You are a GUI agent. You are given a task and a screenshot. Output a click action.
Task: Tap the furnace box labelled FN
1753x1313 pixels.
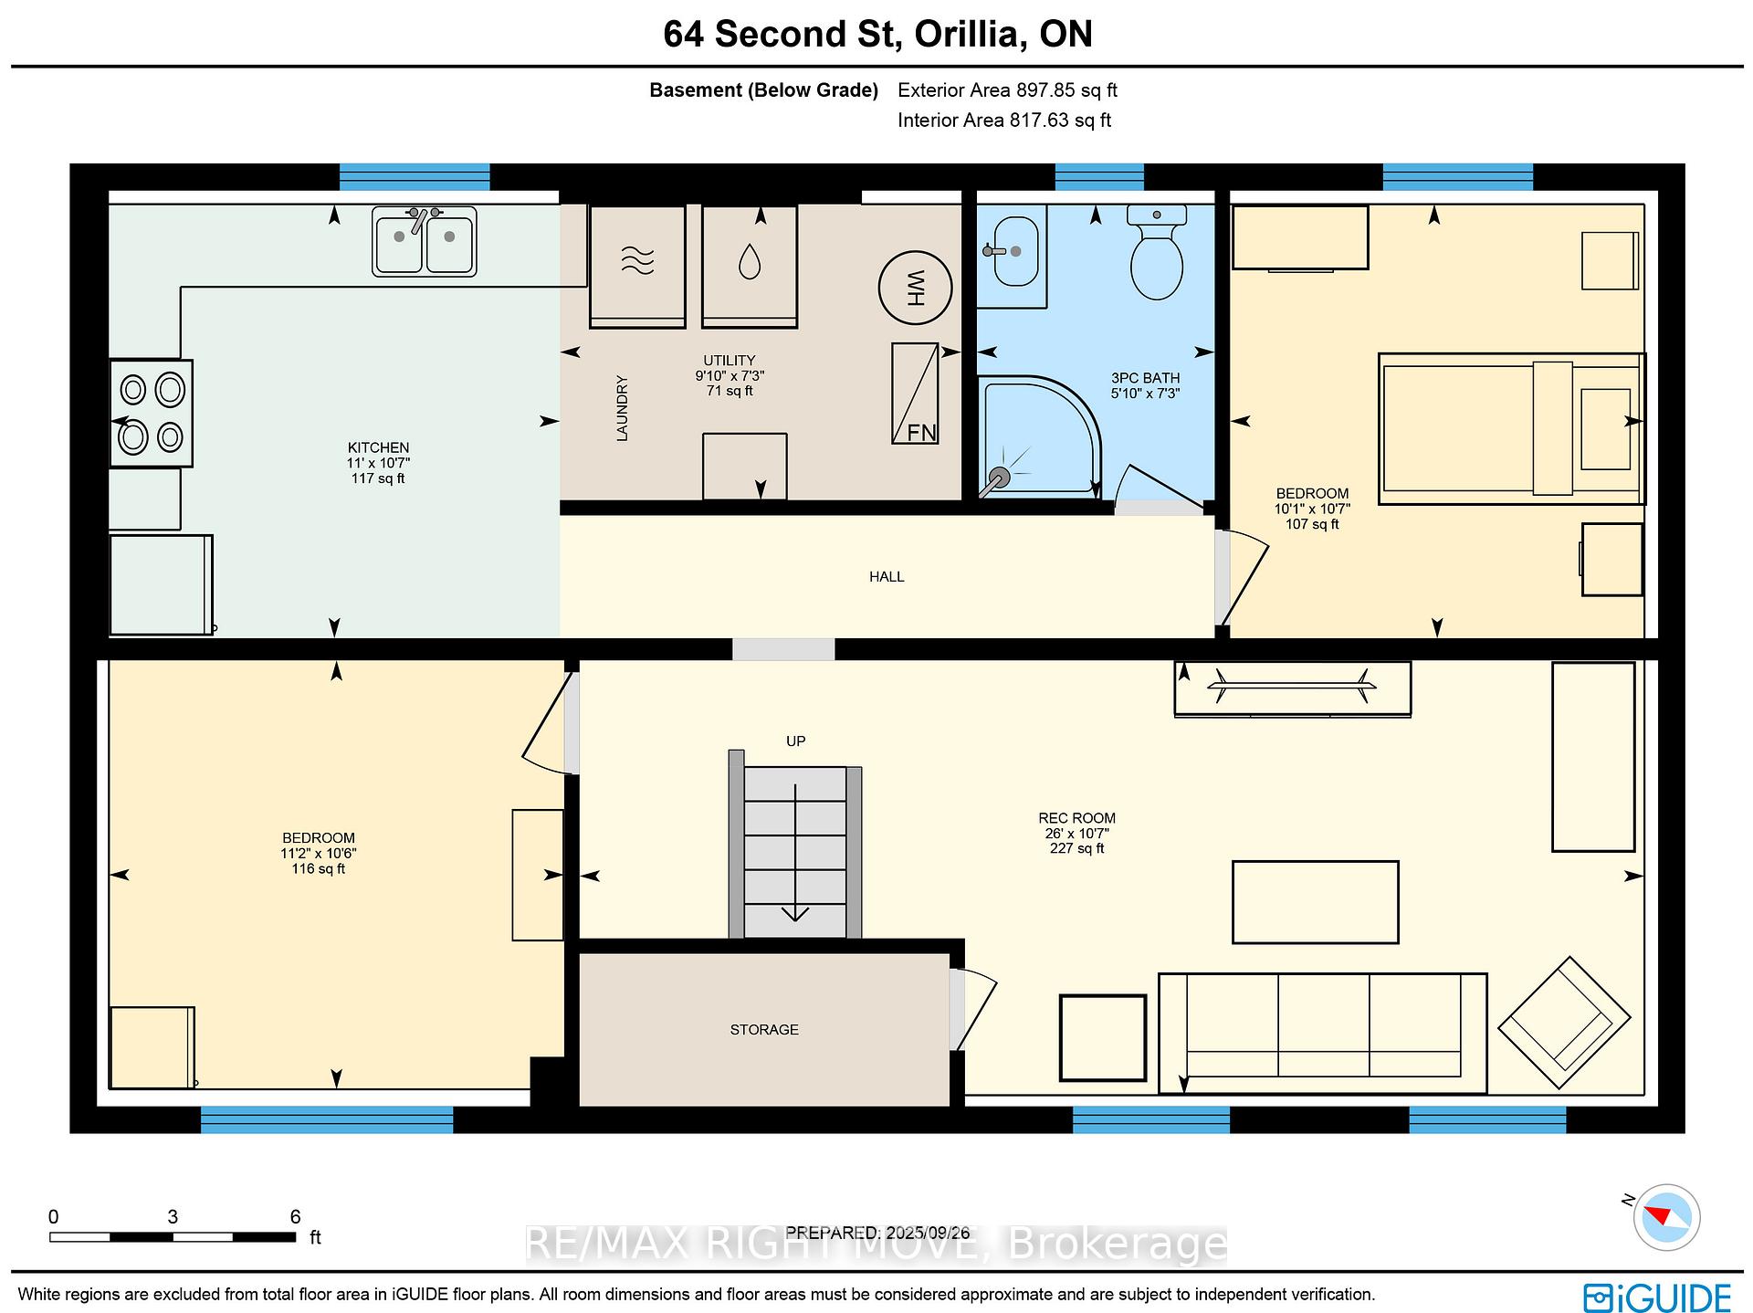tap(915, 394)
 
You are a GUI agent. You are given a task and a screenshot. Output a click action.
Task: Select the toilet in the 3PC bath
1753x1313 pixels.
tap(1157, 252)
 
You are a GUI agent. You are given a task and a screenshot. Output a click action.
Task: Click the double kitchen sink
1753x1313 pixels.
tap(425, 241)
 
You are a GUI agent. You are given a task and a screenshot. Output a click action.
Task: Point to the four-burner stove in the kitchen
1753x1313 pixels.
tap(152, 413)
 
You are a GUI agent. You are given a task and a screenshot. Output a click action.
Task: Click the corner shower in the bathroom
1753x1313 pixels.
tap(1039, 437)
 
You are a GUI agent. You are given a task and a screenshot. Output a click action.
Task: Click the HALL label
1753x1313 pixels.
tap(887, 576)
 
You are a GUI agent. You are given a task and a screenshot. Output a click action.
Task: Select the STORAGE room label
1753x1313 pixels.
tap(764, 1029)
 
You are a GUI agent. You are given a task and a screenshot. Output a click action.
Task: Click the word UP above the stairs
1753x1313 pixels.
tap(796, 741)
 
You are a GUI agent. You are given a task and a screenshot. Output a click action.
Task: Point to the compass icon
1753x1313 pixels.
tap(1666, 1217)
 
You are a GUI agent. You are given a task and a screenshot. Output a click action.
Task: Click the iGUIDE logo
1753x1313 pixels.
tap(1657, 1297)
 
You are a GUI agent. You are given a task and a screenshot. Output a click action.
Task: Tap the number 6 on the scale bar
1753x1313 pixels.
tap(295, 1216)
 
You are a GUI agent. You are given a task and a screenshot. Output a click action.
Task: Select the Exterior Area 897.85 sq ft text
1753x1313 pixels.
tap(1007, 90)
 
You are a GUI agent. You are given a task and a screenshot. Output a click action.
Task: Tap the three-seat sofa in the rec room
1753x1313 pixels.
tap(1323, 1033)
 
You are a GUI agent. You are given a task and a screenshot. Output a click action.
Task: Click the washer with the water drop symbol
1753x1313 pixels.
tap(750, 266)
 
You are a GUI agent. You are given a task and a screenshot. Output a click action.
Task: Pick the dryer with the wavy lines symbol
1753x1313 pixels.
tap(637, 266)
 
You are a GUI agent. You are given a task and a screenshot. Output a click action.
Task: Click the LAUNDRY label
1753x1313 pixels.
tap(622, 408)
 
